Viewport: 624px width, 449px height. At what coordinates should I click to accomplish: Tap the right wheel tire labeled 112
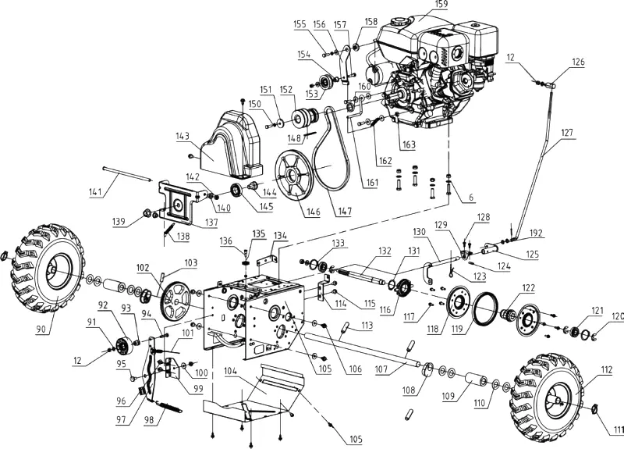tap(548, 395)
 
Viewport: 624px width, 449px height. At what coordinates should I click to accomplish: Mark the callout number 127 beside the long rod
tap(569, 132)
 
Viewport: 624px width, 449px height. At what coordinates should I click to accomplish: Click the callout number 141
tap(97, 192)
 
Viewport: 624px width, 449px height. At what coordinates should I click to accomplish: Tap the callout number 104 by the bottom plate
tap(230, 372)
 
